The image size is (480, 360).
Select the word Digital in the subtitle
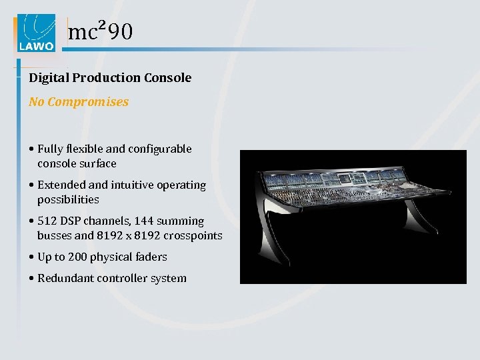click(x=49, y=78)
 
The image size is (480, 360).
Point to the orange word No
click(x=37, y=102)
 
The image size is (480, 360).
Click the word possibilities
click(x=68, y=199)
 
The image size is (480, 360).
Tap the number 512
click(x=47, y=221)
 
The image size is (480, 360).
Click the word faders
click(x=152, y=257)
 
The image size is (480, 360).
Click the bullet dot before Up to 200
click(x=31, y=257)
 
